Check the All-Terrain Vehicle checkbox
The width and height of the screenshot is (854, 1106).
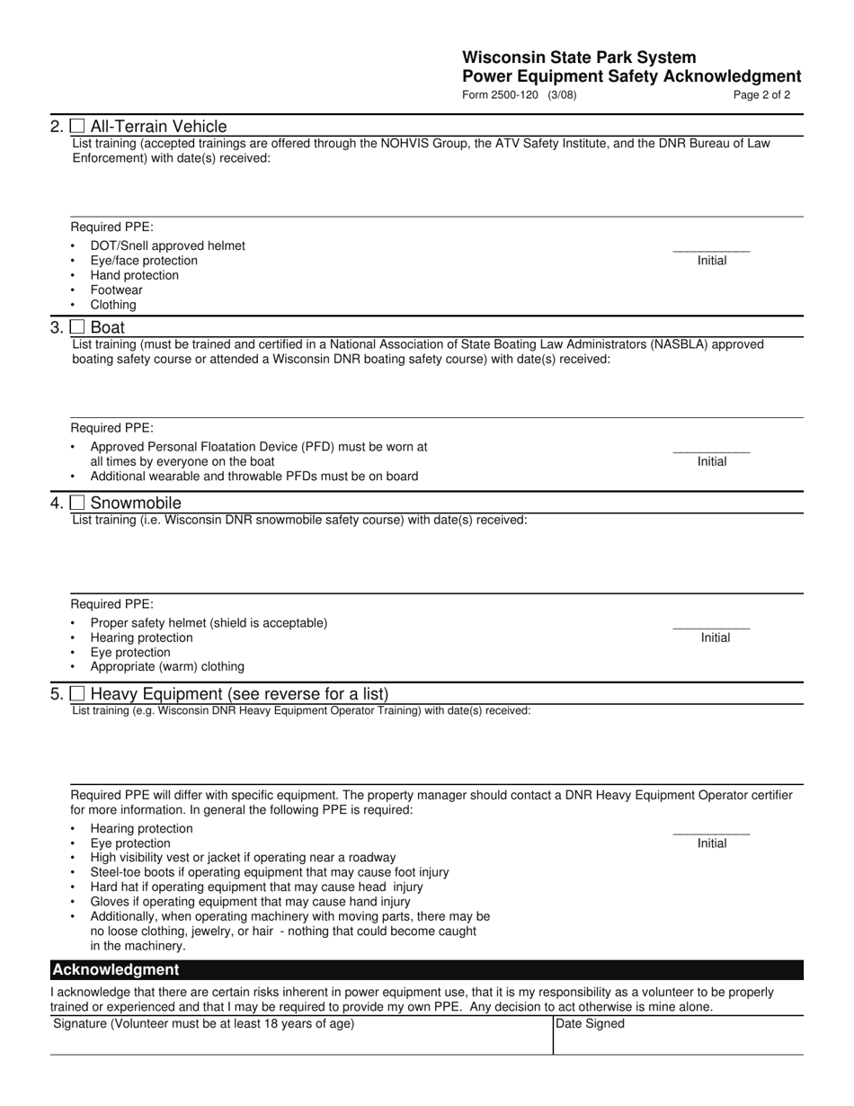[78, 127]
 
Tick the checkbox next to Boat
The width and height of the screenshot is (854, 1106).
[78, 327]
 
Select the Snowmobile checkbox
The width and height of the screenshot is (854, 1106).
[78, 503]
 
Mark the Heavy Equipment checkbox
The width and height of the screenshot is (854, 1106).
[78, 694]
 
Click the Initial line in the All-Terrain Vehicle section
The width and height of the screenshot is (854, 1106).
[711, 250]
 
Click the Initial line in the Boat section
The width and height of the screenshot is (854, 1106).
[711, 450]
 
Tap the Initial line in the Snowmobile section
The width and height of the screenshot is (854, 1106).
[711, 627]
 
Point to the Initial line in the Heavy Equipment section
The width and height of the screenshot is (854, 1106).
[711, 833]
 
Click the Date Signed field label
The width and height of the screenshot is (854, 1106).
[591, 1023]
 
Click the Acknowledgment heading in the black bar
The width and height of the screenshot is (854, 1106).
[116, 969]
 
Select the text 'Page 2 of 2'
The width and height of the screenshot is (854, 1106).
[761, 94]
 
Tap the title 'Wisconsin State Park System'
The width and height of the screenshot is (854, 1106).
[579, 58]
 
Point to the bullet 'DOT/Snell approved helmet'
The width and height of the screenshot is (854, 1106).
[167, 245]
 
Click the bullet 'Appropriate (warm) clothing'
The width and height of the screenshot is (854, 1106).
[167, 666]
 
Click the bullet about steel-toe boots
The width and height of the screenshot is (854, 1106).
[270, 871]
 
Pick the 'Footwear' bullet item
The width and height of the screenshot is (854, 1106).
[116, 290]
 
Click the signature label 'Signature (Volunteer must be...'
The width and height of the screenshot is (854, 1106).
[204, 1023]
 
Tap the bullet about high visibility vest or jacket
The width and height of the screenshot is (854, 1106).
[243, 857]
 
